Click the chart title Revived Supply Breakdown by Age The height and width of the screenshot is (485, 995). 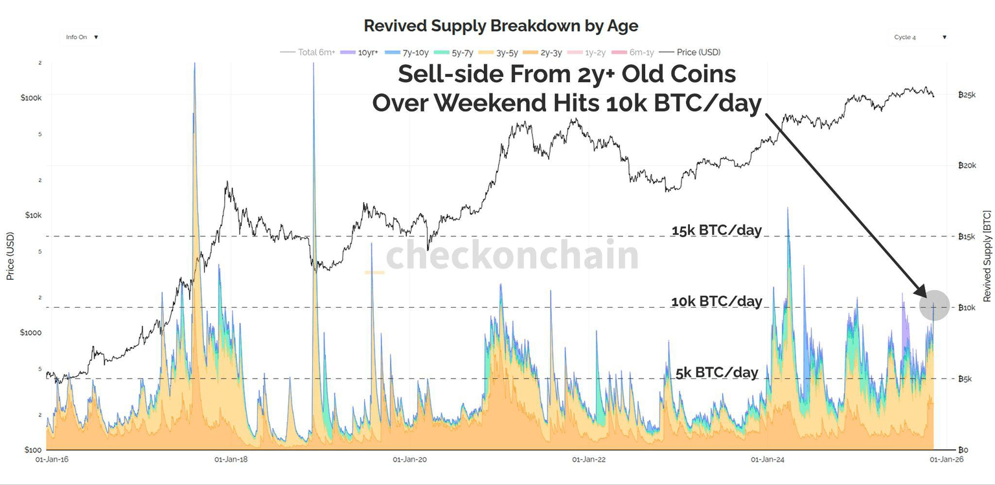(501, 26)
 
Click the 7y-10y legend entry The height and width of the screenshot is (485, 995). (411, 52)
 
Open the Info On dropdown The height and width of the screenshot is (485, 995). (82, 38)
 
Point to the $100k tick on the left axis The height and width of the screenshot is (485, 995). (31, 98)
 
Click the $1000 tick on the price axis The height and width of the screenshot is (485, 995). (31, 333)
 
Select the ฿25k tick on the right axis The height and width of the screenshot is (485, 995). (966, 95)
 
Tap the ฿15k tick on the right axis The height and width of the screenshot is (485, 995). (966, 236)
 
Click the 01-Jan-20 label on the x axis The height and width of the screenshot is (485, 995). (409, 460)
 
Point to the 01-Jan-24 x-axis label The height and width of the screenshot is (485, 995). (767, 460)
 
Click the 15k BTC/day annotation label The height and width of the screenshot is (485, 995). (716, 230)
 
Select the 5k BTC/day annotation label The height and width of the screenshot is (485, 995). (716, 372)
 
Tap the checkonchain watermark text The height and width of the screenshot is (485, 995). (512, 256)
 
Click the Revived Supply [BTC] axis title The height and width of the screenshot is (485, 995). (987, 256)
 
